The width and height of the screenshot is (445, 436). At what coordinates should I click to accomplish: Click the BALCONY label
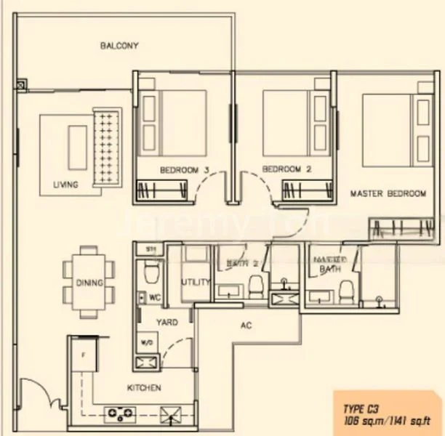(119, 46)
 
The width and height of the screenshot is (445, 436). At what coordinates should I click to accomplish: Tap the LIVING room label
(65, 185)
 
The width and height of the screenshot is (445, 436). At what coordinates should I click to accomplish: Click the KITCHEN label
(144, 388)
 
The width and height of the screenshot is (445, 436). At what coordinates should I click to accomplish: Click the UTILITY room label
(196, 282)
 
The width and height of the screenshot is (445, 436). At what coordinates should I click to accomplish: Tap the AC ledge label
(246, 326)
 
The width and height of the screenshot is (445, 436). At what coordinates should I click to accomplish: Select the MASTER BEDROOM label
(388, 194)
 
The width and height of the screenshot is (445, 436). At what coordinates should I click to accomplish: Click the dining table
(89, 282)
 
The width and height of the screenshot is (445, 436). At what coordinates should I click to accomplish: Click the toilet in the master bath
(348, 291)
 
